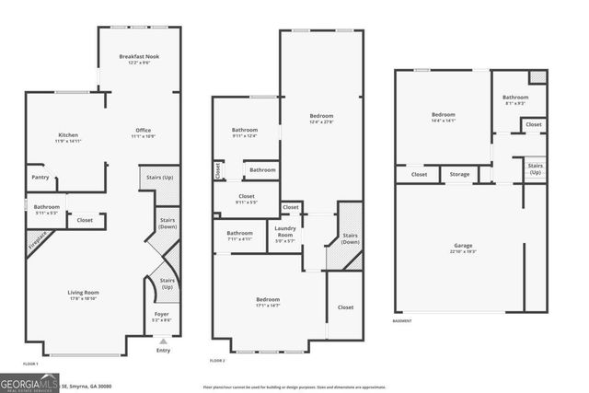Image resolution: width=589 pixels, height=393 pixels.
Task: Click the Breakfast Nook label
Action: pos(140,58)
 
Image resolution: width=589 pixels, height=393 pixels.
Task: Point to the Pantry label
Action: pos(40,177)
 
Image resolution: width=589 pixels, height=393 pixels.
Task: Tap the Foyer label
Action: pos(162,315)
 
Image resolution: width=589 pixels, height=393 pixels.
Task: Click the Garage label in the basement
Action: pos(463,246)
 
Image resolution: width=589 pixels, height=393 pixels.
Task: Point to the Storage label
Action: pos(459,173)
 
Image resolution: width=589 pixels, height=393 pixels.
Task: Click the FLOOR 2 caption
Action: pos(217,360)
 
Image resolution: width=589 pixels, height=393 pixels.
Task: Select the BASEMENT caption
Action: pos(403,320)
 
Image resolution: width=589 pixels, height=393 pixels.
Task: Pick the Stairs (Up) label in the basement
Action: pos(535,169)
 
